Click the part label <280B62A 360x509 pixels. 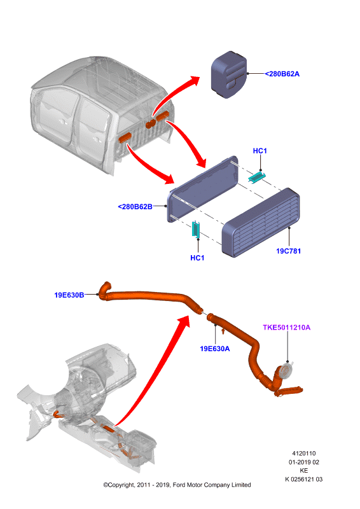click(282, 74)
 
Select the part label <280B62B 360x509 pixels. click(135, 207)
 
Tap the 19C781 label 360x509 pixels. click(288, 251)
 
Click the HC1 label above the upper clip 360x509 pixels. click(260, 151)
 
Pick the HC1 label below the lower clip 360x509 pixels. click(197, 258)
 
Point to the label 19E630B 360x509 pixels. click(69, 295)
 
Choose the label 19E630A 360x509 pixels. click(214, 349)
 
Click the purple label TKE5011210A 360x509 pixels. click(287, 327)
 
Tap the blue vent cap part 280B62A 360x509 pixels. click(229, 74)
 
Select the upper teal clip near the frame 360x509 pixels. click(257, 177)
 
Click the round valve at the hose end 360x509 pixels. click(286, 370)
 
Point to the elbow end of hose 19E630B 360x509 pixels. click(105, 289)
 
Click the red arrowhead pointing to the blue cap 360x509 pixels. click(195, 81)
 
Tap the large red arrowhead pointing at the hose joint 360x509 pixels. click(183, 323)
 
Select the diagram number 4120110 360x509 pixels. click(304, 454)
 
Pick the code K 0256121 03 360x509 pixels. click(304, 479)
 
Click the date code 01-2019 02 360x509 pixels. click(304, 463)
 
